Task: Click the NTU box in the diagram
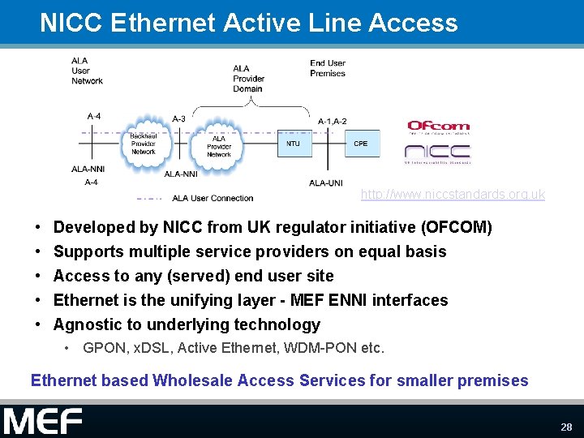(293, 144)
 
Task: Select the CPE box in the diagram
(360, 144)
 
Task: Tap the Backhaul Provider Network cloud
(144, 143)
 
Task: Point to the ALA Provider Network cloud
(218, 146)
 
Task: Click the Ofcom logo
(438, 127)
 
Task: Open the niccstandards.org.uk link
(453, 195)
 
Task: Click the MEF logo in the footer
(42, 422)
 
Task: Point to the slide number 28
(565, 427)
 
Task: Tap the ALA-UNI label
(325, 183)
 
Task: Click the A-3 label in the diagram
(179, 118)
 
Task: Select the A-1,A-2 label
(333, 122)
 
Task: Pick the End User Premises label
(328, 68)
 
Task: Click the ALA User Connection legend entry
(213, 198)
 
